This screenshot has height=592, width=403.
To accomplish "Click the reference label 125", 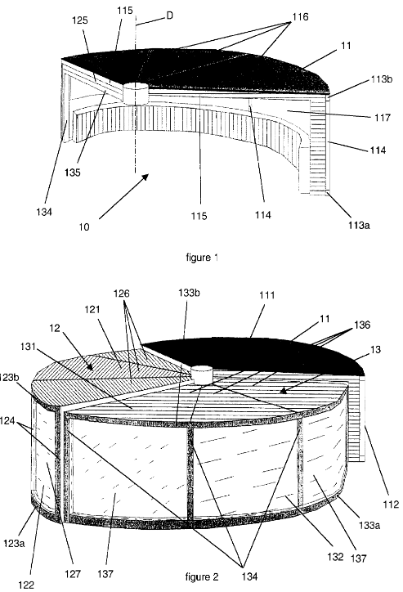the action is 80,20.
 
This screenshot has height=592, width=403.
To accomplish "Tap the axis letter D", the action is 169,16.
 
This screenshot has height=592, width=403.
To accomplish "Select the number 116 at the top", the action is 300,16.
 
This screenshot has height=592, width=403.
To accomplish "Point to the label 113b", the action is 382,79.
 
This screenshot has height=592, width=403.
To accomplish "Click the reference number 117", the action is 383,118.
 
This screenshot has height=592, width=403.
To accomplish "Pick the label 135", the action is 72,173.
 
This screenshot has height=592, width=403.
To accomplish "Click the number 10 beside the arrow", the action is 84,227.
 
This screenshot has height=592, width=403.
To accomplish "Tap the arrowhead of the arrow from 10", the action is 146,177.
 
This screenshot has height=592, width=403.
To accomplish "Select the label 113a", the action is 359,225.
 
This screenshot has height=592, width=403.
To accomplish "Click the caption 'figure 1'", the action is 202,258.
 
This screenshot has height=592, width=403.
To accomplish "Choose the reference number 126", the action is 122,294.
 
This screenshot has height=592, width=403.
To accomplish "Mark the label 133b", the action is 189,294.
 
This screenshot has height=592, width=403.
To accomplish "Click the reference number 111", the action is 266,295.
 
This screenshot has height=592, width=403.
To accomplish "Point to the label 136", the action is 362,325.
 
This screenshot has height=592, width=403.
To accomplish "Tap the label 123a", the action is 15,544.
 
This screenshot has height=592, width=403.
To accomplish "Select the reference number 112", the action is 391,504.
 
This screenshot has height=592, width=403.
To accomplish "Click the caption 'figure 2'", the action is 202,577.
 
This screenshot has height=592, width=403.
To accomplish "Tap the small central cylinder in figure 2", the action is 202,374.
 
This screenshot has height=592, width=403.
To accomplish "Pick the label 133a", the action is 369,525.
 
